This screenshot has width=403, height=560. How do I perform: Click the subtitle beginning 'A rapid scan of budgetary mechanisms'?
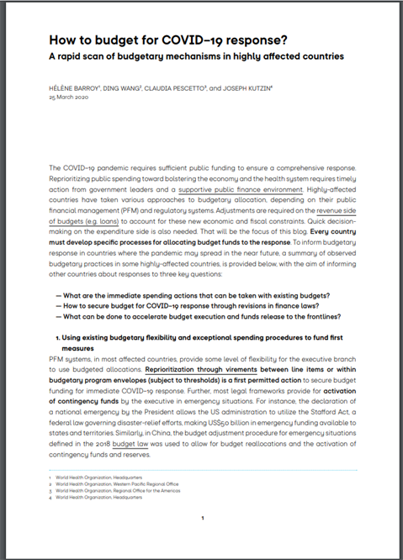[198, 56]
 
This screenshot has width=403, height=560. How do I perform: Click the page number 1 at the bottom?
[202, 519]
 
